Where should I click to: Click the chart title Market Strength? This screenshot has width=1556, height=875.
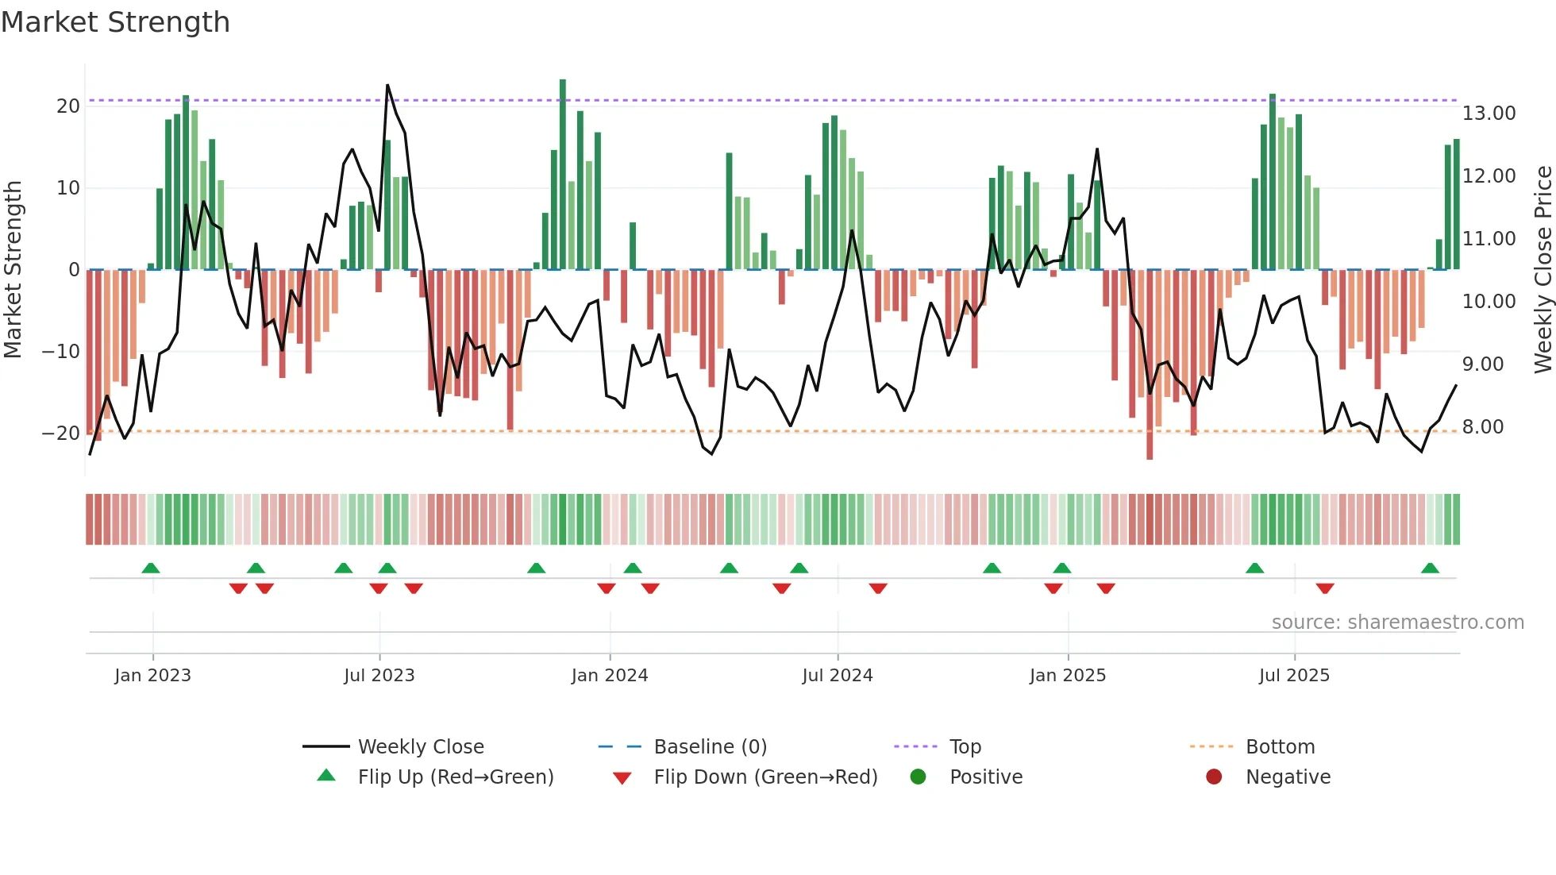click(x=115, y=22)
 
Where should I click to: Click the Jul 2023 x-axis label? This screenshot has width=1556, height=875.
click(x=379, y=676)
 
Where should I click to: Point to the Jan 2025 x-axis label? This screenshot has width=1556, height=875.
click(x=1067, y=676)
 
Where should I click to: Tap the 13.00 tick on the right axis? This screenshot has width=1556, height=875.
click(x=1489, y=114)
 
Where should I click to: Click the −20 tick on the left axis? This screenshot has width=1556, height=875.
click(x=61, y=434)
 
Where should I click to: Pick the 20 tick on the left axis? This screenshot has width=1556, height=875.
click(x=68, y=106)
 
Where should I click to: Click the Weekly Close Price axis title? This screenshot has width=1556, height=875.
click(x=1543, y=270)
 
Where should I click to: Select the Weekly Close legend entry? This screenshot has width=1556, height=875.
click(x=420, y=747)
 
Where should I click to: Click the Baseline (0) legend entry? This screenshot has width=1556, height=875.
click(x=710, y=747)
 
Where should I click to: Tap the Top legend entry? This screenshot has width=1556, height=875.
click(x=965, y=747)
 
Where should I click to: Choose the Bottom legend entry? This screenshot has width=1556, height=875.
click(x=1280, y=747)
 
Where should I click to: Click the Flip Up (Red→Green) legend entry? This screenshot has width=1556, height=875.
click(x=455, y=777)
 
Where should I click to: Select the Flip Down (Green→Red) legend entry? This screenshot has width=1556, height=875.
click(x=765, y=777)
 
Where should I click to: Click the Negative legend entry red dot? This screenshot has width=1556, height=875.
click(x=1214, y=777)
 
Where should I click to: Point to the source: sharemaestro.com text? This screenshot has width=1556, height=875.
click(x=1397, y=623)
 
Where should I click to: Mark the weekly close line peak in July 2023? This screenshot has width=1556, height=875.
click(x=387, y=85)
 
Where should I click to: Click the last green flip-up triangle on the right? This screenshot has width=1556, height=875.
click(x=1430, y=569)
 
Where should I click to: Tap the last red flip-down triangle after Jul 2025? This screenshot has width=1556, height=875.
click(x=1324, y=588)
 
